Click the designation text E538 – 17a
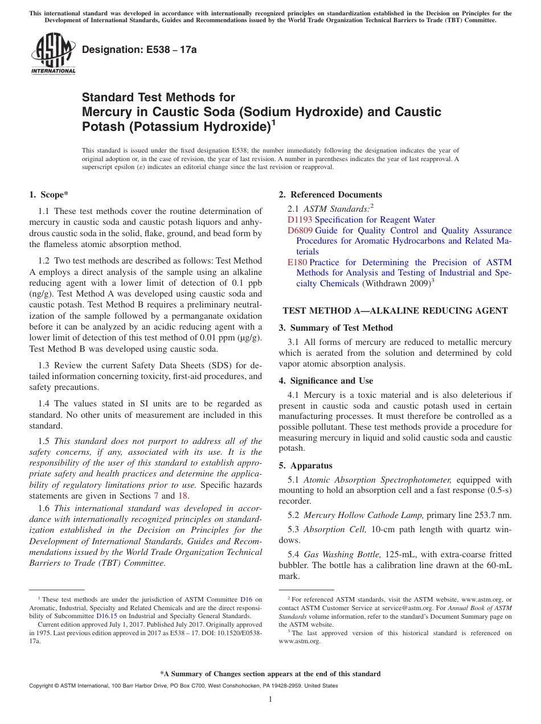pos(139,50)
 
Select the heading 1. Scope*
pos(48,195)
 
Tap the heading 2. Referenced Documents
pos(330,195)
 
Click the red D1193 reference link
pos(300,220)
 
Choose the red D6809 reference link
pos(300,231)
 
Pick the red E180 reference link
pos(297,262)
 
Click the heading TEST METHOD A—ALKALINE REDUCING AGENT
pos(395,311)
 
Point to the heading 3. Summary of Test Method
pos(335,328)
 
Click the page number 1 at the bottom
pos(270,700)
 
